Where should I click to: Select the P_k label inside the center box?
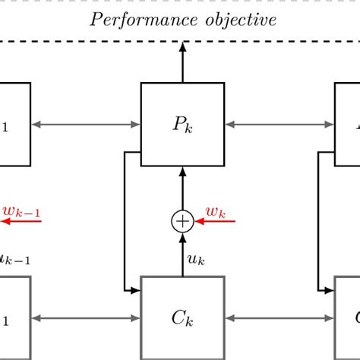pyautogui.click(x=182, y=124)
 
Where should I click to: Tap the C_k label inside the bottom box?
pyautogui.click(x=182, y=317)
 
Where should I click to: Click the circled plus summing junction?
pyautogui.click(x=182, y=221)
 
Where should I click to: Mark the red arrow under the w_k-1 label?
pyautogui.click(x=21, y=221)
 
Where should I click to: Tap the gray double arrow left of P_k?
pyautogui.click(x=86, y=124)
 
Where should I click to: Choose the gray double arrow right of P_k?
pyautogui.click(x=279, y=124)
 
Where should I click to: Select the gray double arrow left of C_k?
pyautogui.click(x=86, y=317)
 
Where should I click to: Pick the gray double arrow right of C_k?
pyautogui.click(x=279, y=317)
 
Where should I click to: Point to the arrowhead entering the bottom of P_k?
pyautogui.click(x=182, y=172)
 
